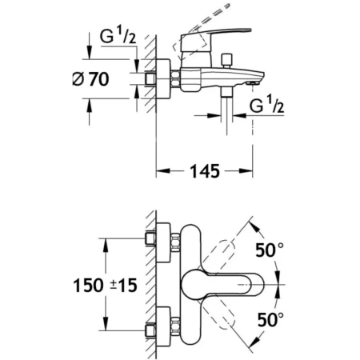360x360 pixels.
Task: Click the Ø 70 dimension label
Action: [90, 79]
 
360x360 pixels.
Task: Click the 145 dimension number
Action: [205, 171]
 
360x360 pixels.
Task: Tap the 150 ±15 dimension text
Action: [105, 285]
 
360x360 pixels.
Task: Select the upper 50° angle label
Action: [270, 250]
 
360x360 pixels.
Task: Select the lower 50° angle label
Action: [270, 319]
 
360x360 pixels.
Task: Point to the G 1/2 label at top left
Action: [118, 36]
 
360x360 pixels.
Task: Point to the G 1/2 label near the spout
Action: [266, 105]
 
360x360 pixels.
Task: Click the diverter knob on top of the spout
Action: [226, 61]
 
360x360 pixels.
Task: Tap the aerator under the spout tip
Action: [253, 83]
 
